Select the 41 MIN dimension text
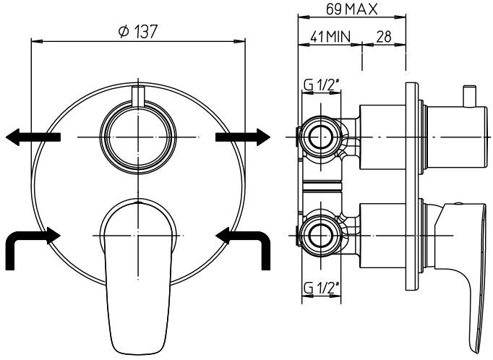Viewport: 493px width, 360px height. [326, 37]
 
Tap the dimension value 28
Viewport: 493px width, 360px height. [383, 37]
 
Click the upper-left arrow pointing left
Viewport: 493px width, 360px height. [30, 137]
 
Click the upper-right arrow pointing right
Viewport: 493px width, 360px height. [244, 137]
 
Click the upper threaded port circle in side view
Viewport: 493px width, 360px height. [319, 135]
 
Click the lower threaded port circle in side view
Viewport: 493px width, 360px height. [319, 235]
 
